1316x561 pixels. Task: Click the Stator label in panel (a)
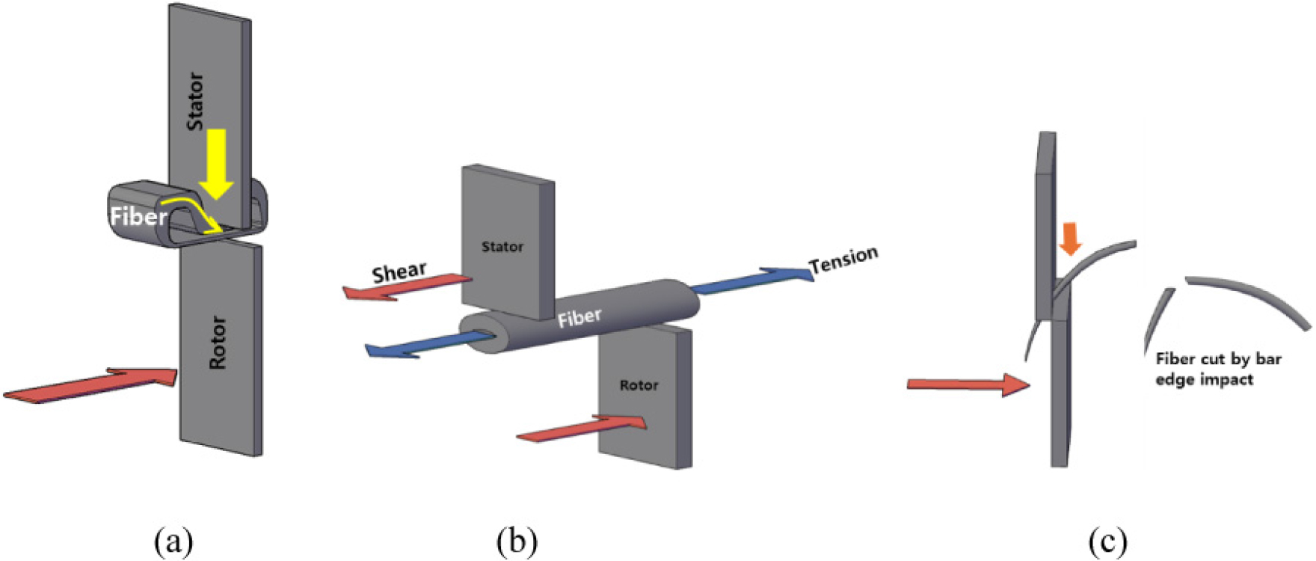tap(195, 101)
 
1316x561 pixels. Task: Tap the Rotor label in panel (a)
tap(218, 343)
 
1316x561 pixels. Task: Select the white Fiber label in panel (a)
tap(138, 217)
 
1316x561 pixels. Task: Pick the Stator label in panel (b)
tap(502, 247)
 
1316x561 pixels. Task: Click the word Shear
tap(399, 272)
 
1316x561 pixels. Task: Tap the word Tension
tap(843, 260)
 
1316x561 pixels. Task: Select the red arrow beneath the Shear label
tap(408, 287)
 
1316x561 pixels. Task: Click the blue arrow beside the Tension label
tap(751, 280)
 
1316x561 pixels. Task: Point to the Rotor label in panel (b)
tap(639, 385)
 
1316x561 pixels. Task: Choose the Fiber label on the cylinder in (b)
tap(579, 319)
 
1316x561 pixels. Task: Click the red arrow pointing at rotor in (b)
tap(582, 429)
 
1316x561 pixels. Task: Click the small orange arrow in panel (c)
tap(1071, 238)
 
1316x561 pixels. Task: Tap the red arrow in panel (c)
tap(968, 384)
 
